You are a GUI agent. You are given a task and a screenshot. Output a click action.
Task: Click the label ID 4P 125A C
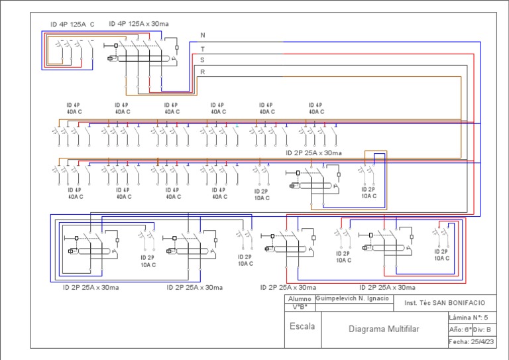coord(72,24)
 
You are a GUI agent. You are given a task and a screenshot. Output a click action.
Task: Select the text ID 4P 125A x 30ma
coord(139,24)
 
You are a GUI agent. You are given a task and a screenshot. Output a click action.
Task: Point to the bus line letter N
coord(203,35)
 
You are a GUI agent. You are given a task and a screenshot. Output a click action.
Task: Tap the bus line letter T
coord(203,49)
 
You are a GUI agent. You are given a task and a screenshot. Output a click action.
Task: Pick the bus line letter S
coord(203,60)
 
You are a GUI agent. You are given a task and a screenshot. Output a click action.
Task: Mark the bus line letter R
coord(203,72)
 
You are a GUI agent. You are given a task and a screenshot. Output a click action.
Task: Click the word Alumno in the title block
coord(300,299)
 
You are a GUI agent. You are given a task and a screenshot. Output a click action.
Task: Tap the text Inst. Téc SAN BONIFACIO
coord(445,302)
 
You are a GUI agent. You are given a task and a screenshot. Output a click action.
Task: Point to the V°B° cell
coord(300,307)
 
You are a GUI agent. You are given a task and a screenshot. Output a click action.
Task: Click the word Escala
coord(302,326)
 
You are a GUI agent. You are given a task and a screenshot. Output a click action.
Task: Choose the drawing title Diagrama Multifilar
coord(384,329)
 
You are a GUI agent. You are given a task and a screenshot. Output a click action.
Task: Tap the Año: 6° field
coord(460,329)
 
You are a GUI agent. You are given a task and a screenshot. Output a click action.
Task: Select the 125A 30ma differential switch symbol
coord(142,56)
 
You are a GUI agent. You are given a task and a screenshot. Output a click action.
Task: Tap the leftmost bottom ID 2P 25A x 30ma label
coord(91,287)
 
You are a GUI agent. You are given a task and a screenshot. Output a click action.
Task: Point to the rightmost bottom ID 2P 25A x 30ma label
coord(388,287)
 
